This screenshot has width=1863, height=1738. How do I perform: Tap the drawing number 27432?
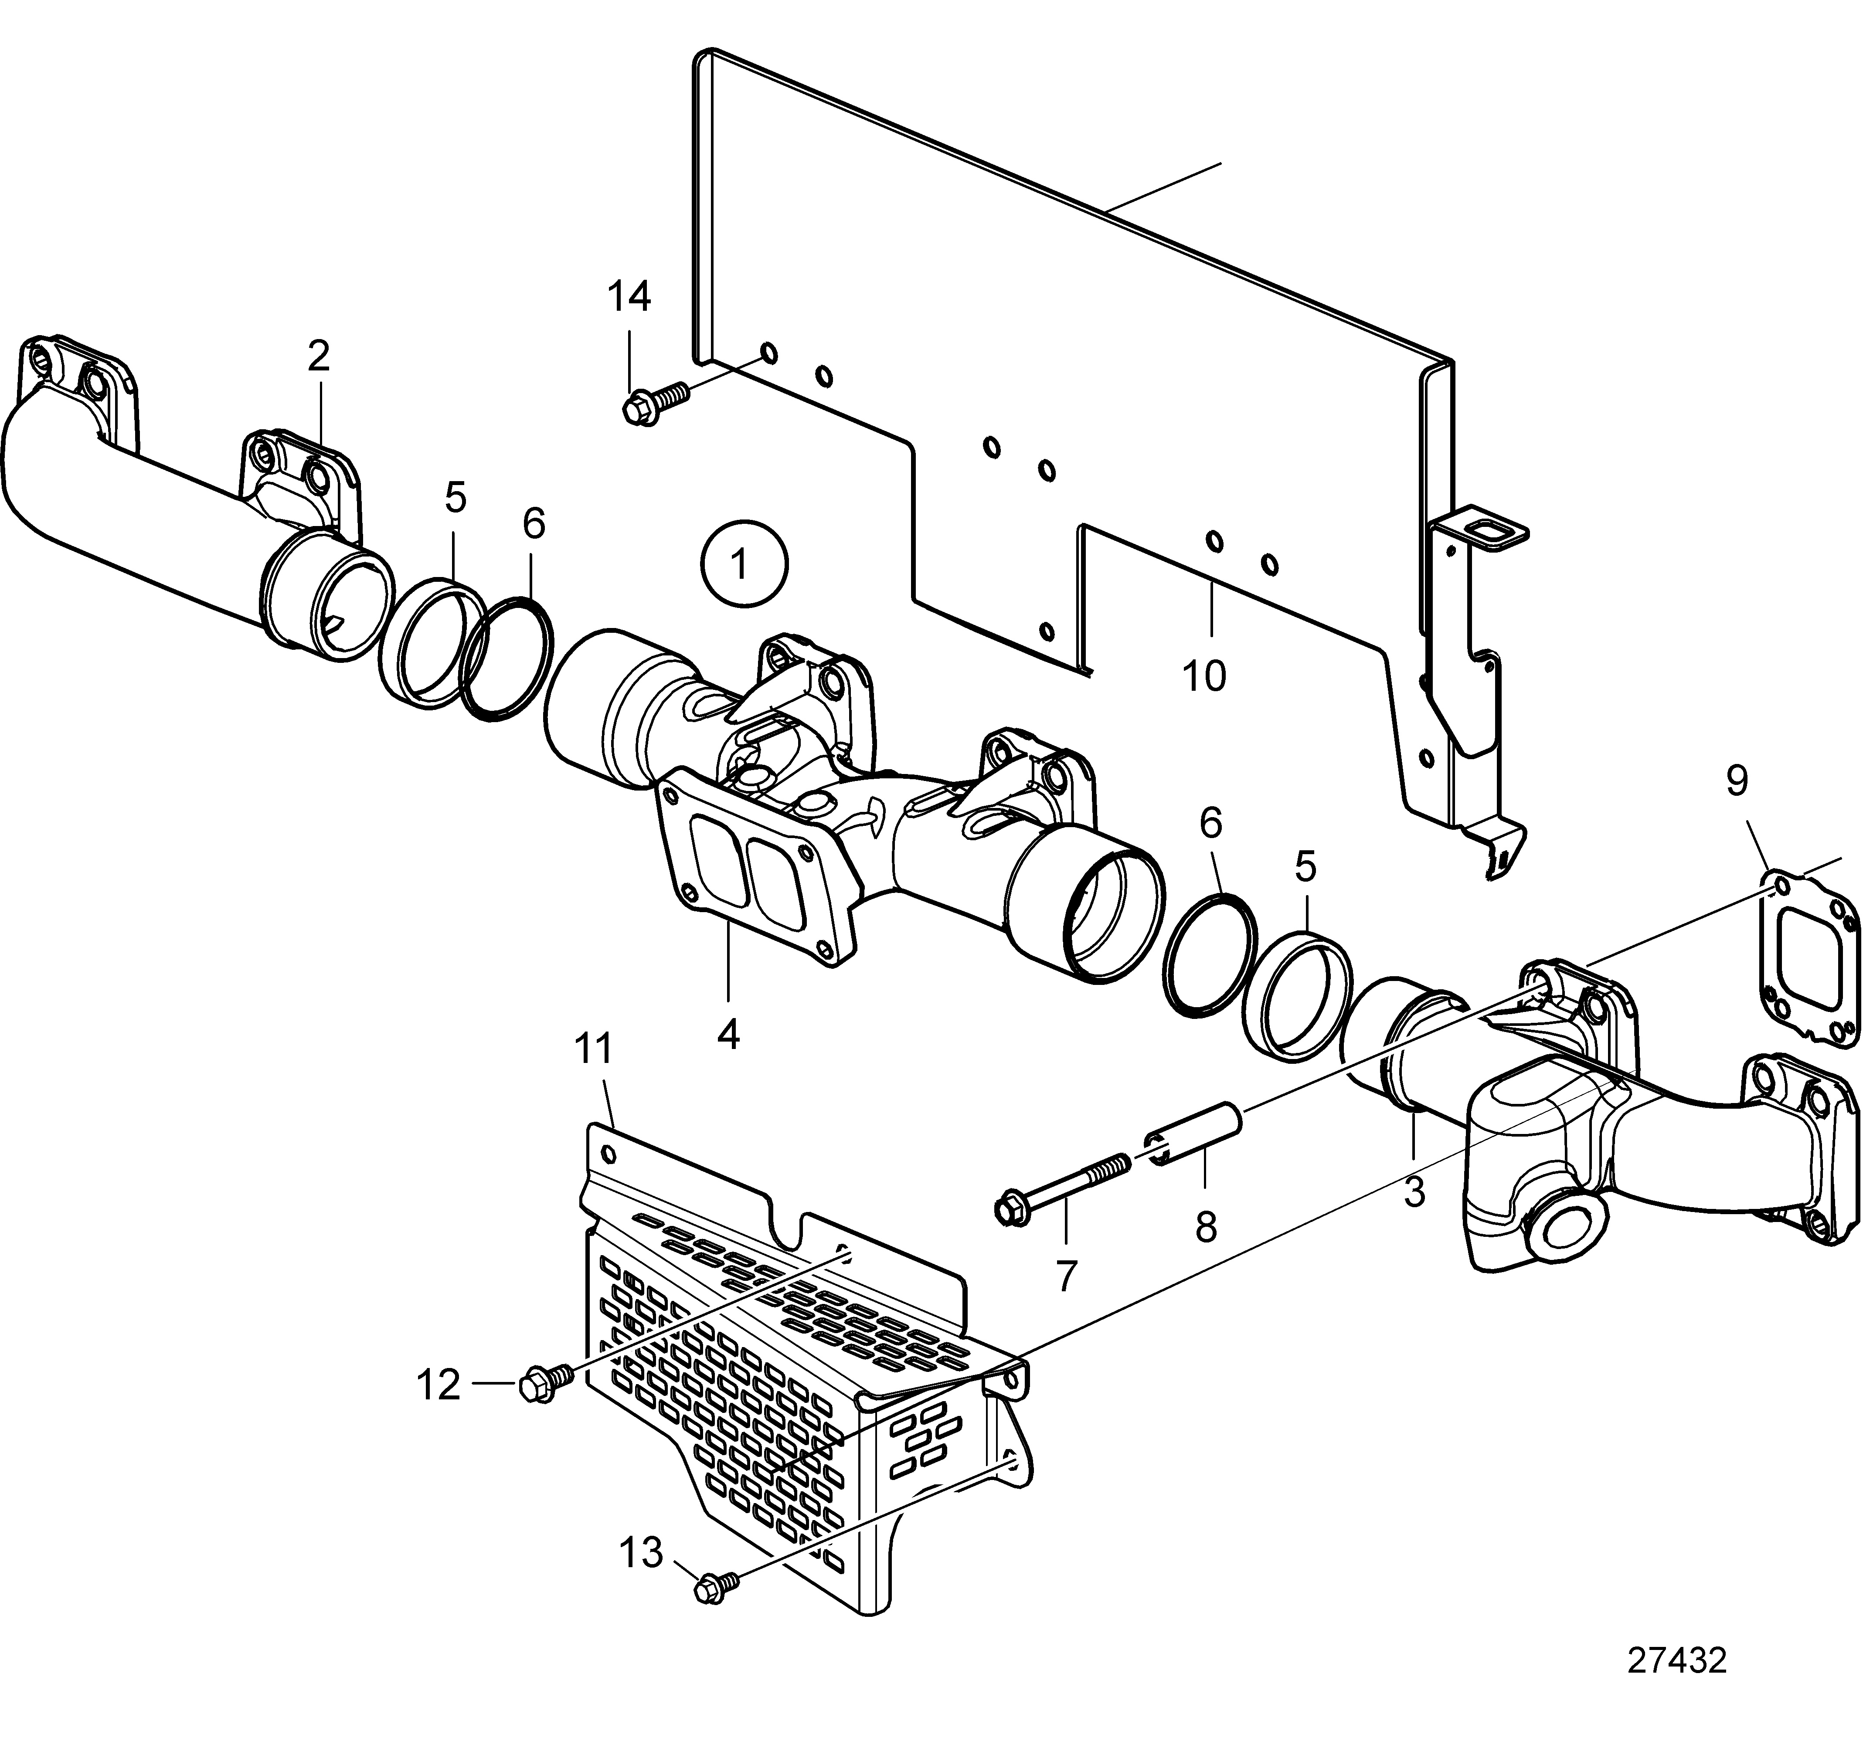pyautogui.click(x=1676, y=1660)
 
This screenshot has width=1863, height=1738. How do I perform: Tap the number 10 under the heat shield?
pyautogui.click(x=1204, y=675)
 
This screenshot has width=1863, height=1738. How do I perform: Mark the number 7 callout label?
pyautogui.click(x=1067, y=1276)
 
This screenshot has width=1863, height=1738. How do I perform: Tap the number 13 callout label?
pyautogui.click(x=641, y=1552)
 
